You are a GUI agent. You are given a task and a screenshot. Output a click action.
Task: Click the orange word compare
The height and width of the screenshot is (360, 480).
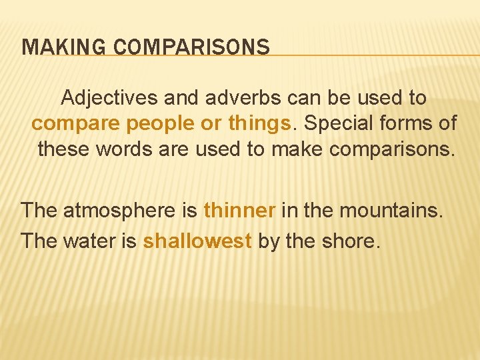(69, 124)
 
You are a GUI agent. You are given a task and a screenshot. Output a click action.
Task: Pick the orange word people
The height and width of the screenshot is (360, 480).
(144, 124)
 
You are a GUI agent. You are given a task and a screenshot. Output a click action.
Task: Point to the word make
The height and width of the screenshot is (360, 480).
(298, 149)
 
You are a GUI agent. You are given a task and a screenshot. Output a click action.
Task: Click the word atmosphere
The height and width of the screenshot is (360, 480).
(121, 211)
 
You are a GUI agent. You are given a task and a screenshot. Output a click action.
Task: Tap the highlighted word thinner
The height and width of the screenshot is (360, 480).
(239, 211)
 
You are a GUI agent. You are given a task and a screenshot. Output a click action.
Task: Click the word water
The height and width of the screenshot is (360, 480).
(91, 240)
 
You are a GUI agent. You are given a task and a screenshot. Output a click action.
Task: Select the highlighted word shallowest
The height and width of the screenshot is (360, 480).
(197, 240)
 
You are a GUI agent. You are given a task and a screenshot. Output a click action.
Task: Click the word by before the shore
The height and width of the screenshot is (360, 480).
(269, 241)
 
